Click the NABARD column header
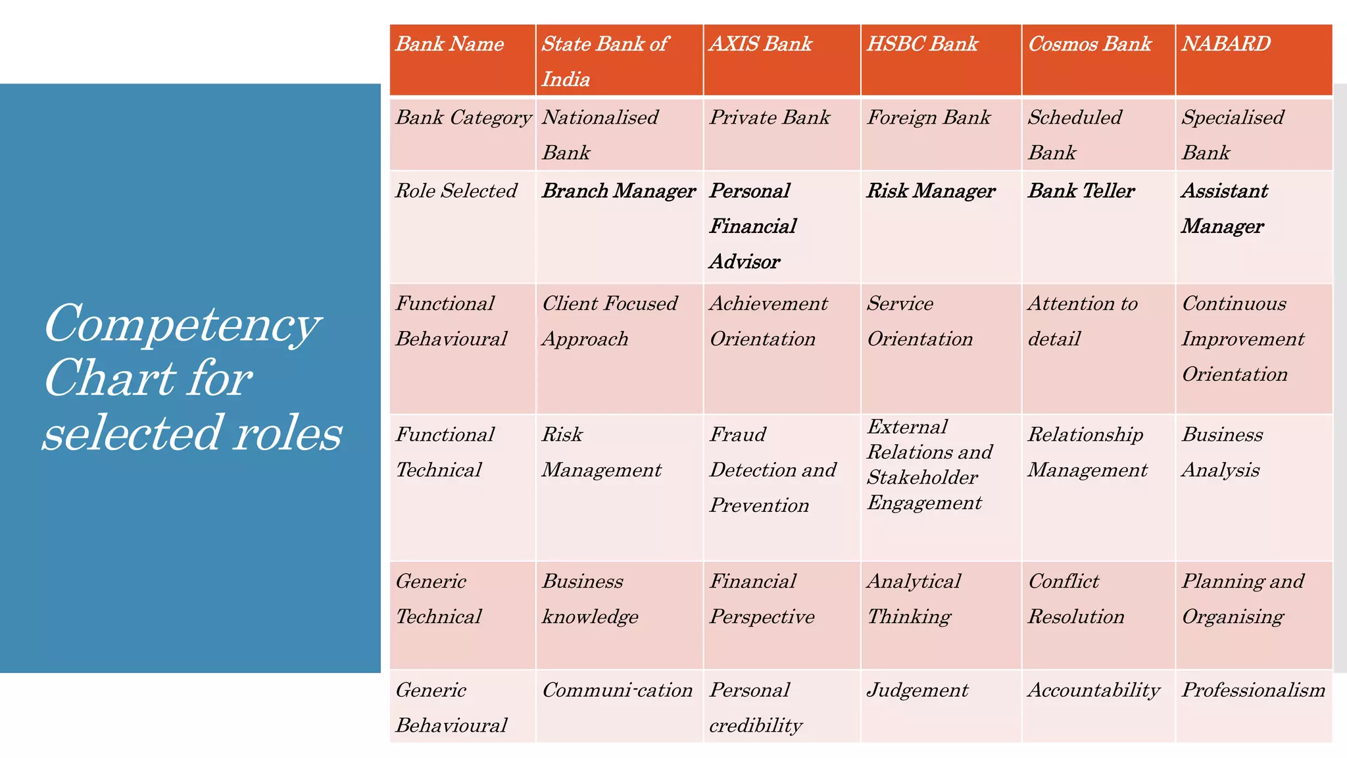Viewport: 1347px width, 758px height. click(x=1226, y=44)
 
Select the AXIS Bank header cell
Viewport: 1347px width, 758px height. click(x=761, y=44)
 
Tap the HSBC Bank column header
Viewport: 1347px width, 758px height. click(x=922, y=44)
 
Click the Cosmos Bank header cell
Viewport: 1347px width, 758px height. click(x=1090, y=44)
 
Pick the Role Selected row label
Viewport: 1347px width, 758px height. click(x=456, y=191)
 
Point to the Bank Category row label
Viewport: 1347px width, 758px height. click(x=463, y=118)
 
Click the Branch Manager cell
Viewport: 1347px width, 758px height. click(x=618, y=191)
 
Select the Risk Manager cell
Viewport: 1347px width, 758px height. click(x=931, y=191)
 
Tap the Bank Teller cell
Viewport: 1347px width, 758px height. click(x=1081, y=191)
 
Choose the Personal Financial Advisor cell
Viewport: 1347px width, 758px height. click(x=753, y=226)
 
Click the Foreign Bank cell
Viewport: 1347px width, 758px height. click(x=929, y=118)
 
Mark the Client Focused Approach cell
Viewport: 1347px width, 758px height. click(x=609, y=321)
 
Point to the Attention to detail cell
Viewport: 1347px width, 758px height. click(x=1083, y=321)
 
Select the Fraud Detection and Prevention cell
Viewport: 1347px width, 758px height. click(x=773, y=470)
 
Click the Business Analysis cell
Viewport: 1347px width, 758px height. click(x=1222, y=452)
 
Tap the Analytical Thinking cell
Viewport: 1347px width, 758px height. click(x=914, y=599)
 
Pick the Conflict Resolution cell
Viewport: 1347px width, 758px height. click(x=1076, y=599)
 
